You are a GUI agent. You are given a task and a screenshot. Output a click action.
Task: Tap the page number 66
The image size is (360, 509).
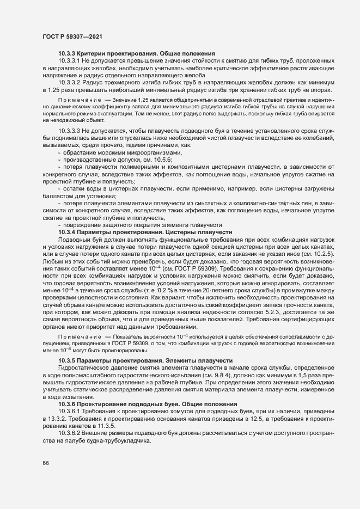click(x=45, y=463)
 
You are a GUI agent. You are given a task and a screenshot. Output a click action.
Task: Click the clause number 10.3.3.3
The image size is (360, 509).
click(x=70, y=132)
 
